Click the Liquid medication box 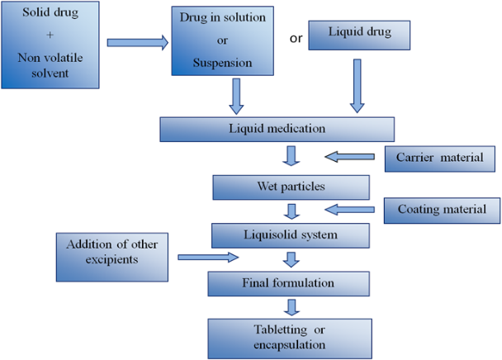[x=277, y=129]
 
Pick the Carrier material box [x=439, y=158]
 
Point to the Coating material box [x=441, y=210]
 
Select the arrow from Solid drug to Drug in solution [x=135, y=42]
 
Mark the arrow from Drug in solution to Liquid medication [x=236, y=95]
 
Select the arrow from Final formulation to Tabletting [x=289, y=307]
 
